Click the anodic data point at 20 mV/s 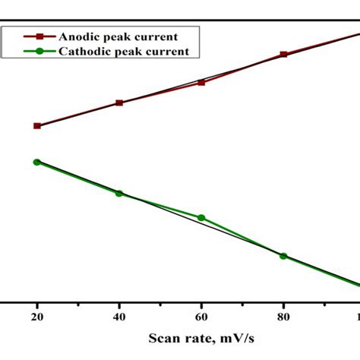(36, 125)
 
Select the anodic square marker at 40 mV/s (119, 103)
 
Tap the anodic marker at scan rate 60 (201, 82)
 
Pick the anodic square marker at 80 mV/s (283, 55)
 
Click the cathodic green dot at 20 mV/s (36, 162)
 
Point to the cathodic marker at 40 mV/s (119, 193)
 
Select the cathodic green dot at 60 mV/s (201, 218)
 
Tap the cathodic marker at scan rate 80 (283, 256)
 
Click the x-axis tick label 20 (36, 314)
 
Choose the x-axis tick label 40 (119, 314)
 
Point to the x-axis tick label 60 (201, 314)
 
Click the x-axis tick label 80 (283, 314)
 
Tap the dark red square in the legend (30, 36)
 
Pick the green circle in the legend (30, 51)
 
